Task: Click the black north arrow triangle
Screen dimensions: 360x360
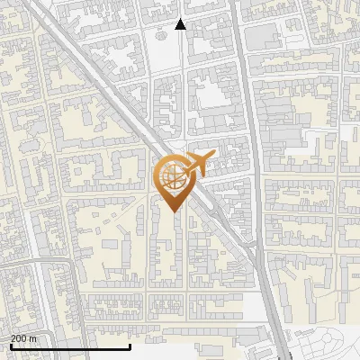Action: point(180,24)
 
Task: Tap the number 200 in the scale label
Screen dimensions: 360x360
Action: point(19,338)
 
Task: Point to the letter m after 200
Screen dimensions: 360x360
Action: point(33,338)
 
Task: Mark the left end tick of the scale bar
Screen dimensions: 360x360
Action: point(10,345)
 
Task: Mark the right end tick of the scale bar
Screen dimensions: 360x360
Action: point(130,345)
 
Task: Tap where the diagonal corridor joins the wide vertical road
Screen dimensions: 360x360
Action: point(262,261)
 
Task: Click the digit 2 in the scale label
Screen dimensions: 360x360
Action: point(13,338)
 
